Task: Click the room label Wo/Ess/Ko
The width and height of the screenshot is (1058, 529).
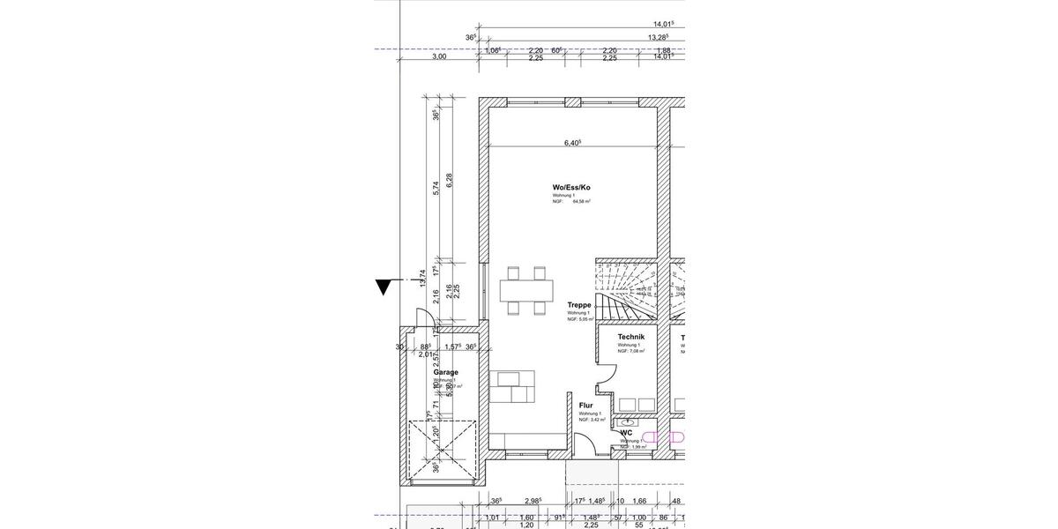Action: [x=571, y=187]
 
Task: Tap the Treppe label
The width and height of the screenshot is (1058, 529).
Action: [x=579, y=305]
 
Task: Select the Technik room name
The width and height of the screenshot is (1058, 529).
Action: [x=631, y=337]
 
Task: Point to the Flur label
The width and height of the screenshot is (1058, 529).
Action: [x=586, y=406]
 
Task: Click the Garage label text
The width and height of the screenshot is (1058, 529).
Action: [x=445, y=372]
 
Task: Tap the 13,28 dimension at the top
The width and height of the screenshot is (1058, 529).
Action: [x=658, y=37]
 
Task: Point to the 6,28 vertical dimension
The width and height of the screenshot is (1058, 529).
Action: [x=449, y=180]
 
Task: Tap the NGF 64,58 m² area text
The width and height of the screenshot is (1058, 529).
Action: [x=571, y=202]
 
